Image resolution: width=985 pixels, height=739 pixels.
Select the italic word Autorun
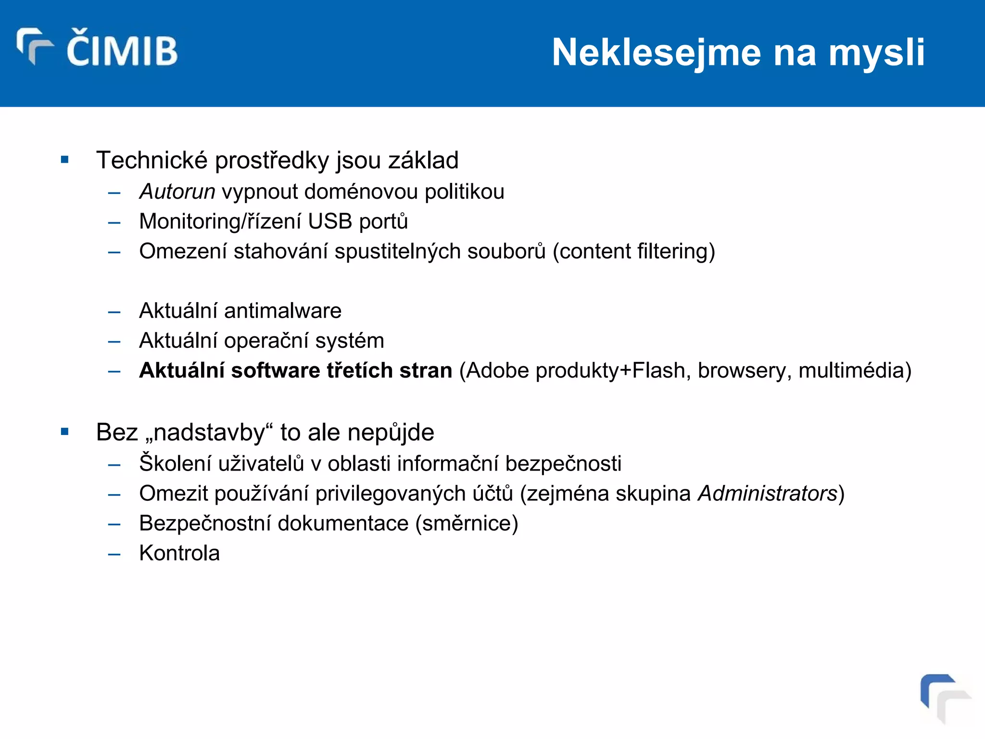pyautogui.click(x=177, y=192)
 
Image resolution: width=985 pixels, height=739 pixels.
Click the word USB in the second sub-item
pyautogui.click(x=330, y=222)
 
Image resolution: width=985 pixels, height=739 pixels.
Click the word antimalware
pyautogui.click(x=283, y=311)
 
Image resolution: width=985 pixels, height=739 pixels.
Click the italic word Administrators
pyautogui.click(x=768, y=494)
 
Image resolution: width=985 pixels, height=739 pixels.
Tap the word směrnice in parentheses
pyautogui.click(x=467, y=523)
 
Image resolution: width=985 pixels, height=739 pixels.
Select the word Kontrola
pyautogui.click(x=179, y=553)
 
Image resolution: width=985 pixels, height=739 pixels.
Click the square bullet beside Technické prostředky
pyautogui.click(x=65, y=160)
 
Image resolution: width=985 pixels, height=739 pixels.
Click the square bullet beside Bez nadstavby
pyautogui.click(x=65, y=432)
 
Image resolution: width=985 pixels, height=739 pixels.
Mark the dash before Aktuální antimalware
pyautogui.click(x=114, y=312)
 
